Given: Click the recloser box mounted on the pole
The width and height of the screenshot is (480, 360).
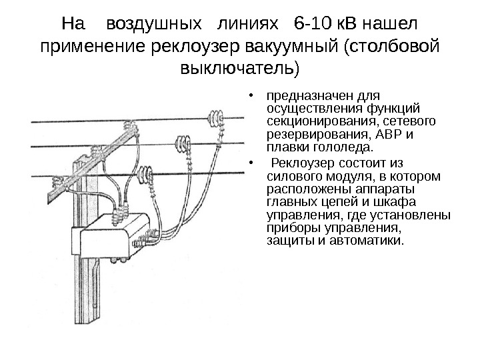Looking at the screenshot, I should pyautogui.click(x=110, y=236).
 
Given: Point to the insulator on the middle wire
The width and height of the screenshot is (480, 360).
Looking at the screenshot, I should pyautogui.click(x=181, y=144).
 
